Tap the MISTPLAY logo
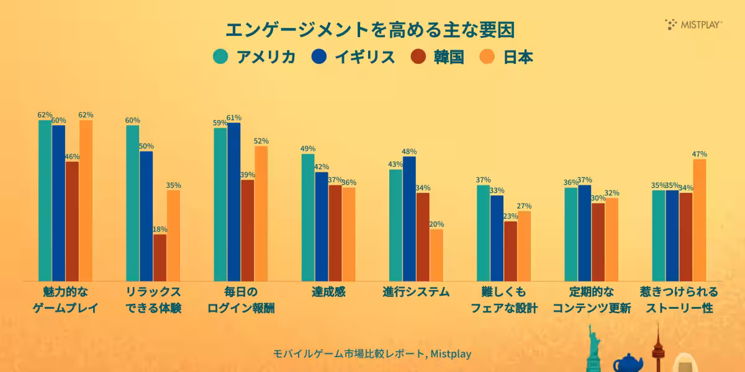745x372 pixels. [693, 24]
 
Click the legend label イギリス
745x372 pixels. [364, 57]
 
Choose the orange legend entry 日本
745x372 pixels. [518, 57]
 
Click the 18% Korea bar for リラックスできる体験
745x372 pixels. [160, 257]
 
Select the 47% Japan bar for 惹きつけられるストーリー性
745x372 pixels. [700, 220]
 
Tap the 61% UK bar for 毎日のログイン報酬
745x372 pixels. [234, 201]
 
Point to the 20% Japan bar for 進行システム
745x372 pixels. [436, 255]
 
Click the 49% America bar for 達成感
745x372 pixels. [308, 217]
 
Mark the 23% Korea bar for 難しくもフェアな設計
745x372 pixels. [510, 251]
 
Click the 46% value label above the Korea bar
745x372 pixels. [73, 157]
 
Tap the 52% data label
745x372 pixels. [261, 141]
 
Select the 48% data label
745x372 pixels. [409, 151]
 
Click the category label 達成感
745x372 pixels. [328, 292]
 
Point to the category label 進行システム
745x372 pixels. [416, 292]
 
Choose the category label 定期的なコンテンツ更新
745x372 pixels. [592, 299]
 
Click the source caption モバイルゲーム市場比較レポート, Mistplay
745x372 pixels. [372, 354]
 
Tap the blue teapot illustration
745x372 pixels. [628, 363]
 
